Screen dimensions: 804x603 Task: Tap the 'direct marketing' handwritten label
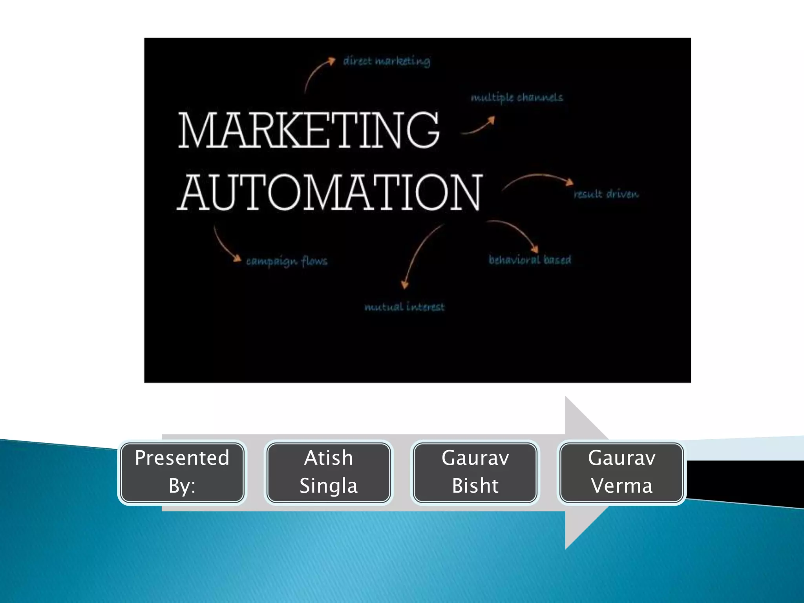[387, 61]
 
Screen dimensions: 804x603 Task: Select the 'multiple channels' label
[517, 97]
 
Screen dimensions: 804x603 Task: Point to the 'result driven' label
[606, 194]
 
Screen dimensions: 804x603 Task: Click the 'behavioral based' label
[530, 259]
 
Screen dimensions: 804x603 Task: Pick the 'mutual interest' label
[404, 307]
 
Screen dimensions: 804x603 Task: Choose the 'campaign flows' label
[287, 261]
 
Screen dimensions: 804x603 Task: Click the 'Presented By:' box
[182, 472]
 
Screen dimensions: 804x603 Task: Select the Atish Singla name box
[329, 472]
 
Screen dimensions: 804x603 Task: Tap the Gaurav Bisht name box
[475, 472]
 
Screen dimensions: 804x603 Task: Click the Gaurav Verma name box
[622, 472]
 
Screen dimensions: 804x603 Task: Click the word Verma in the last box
[622, 486]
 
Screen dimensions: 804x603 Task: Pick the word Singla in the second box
[329, 486]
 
